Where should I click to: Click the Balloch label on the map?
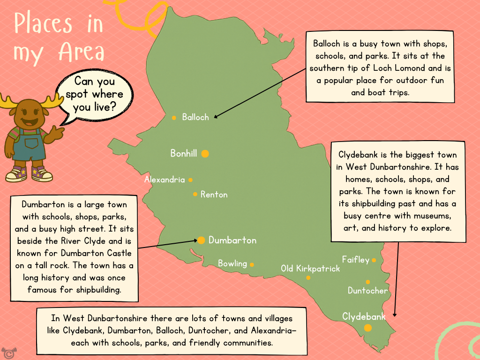tap(195, 117)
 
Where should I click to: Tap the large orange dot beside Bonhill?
tap(205, 153)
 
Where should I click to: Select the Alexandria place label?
tap(165, 180)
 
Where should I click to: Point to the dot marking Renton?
tap(195, 194)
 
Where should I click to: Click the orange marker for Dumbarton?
tap(201, 240)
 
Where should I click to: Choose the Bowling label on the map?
tap(232, 263)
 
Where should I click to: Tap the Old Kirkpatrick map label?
tap(310, 269)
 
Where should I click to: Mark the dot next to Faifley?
tap(374, 260)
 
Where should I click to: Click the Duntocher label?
tap(368, 291)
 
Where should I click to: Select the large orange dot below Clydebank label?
tap(368, 328)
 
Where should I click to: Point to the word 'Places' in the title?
tap(43, 23)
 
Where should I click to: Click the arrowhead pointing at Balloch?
tap(215, 116)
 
